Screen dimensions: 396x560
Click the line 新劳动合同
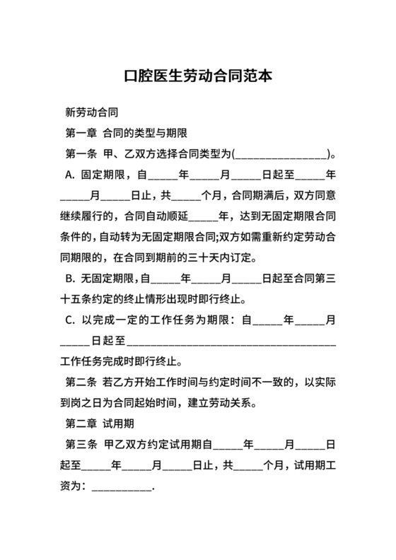[x=91, y=112]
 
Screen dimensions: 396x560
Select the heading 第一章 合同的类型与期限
[x=125, y=132]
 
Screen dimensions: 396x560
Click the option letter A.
[x=69, y=173]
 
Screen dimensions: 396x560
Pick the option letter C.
[x=69, y=320]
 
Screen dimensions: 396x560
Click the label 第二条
[x=80, y=383]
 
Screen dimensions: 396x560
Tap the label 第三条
[x=80, y=445]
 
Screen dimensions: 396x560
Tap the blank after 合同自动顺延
[x=204, y=215]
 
